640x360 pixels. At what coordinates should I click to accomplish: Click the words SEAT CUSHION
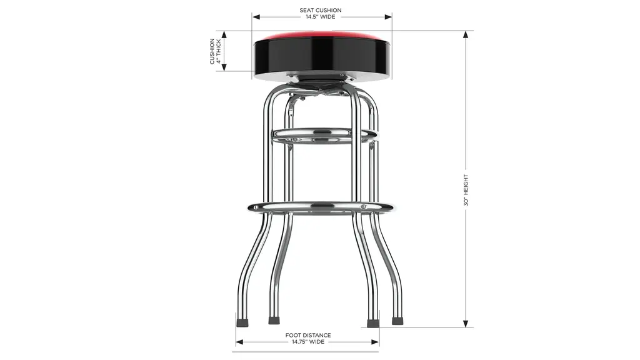321,10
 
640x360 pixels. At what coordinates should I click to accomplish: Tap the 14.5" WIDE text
321,17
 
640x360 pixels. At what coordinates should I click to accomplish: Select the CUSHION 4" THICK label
215,51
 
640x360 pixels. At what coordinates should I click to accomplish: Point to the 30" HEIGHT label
466,190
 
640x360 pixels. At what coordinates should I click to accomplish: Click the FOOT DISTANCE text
308,335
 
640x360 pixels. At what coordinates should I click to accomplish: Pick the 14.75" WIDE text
308,342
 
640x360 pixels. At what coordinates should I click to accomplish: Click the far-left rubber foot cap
242,321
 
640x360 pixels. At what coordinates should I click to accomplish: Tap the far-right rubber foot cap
397,321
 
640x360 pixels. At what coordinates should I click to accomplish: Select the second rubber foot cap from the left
274,321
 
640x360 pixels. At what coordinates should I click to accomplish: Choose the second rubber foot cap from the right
372,323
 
